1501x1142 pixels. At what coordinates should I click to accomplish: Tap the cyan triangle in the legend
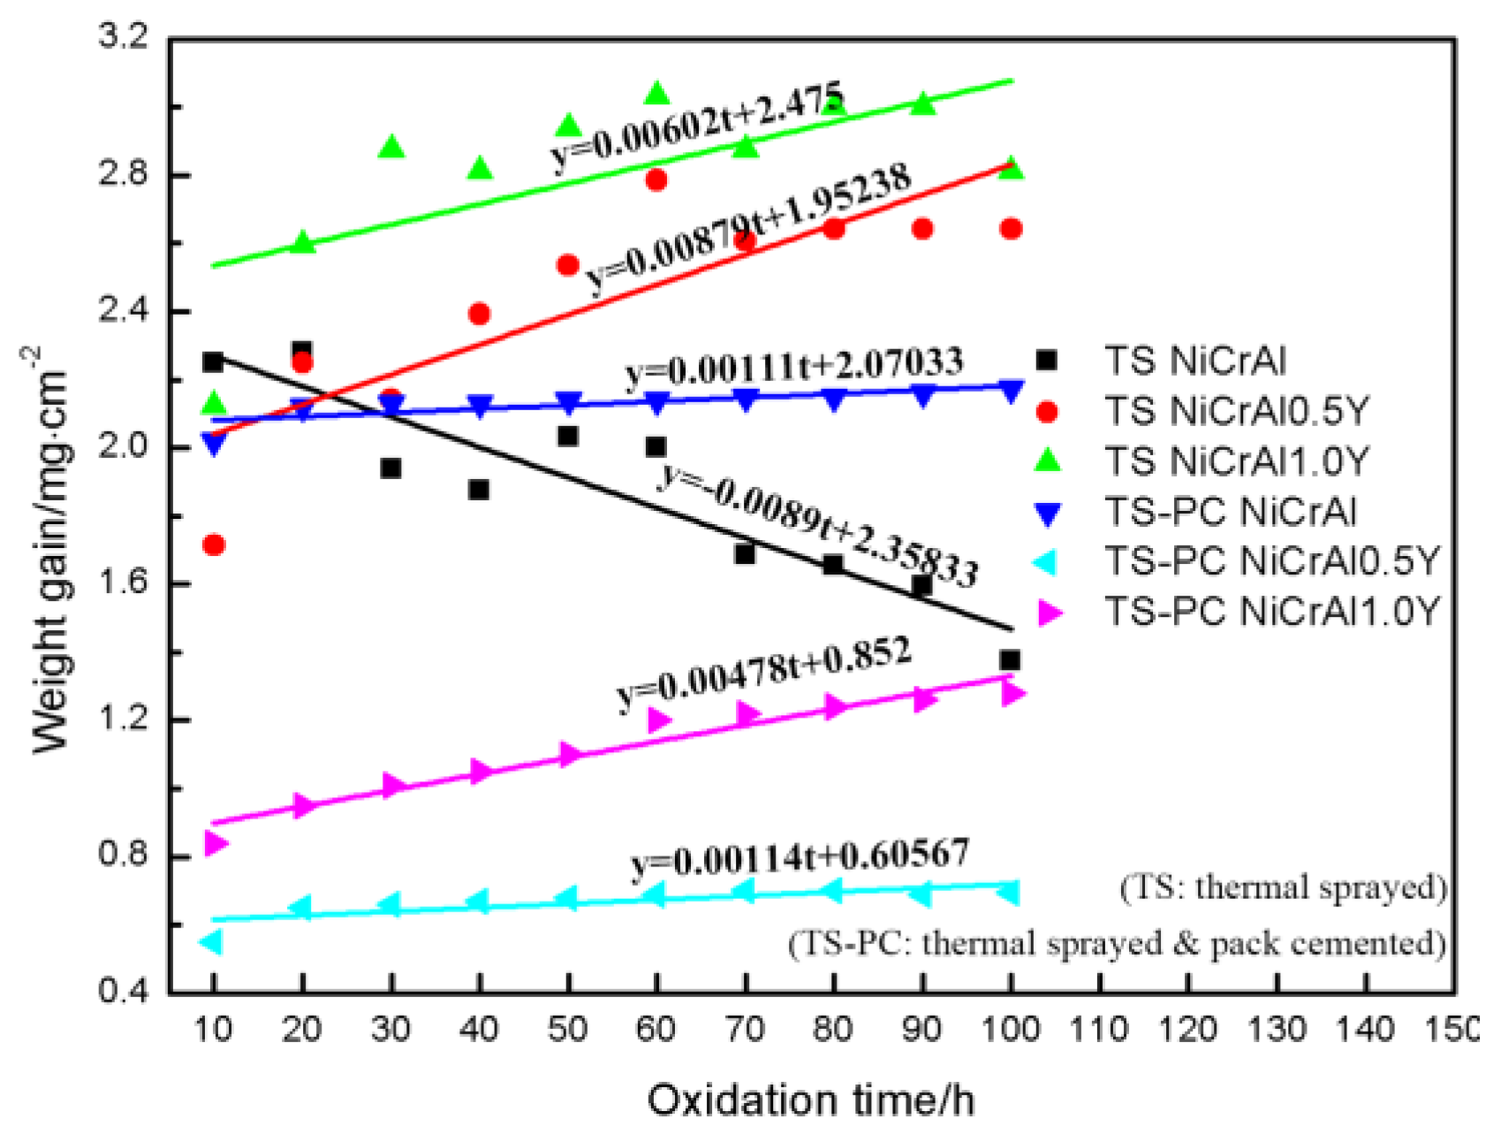1047,561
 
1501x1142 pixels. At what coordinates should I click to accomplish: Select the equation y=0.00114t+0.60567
800,858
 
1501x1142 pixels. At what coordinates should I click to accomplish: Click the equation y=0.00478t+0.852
764,674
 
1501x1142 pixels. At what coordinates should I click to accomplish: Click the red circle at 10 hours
213,545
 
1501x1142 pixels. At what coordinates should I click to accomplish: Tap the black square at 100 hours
1010,660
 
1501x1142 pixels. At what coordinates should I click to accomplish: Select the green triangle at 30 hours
391,148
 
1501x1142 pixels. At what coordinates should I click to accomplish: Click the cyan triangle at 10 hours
211,942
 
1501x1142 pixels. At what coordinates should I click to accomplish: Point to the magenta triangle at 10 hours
215,843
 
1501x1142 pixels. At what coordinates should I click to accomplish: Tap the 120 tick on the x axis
1187,1029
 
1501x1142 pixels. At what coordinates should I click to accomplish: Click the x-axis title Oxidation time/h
810,1101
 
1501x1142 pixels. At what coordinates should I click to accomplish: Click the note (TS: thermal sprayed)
1283,887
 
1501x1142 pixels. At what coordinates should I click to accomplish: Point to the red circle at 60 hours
656,180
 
